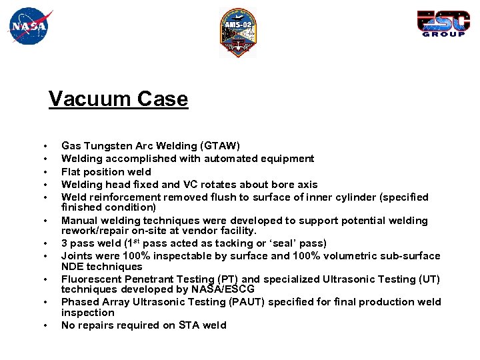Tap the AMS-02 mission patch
pos(238,33)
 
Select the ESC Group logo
pos(441,23)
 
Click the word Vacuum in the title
pos(90,99)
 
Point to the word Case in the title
pos(163,99)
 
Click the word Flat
pos(71,171)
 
